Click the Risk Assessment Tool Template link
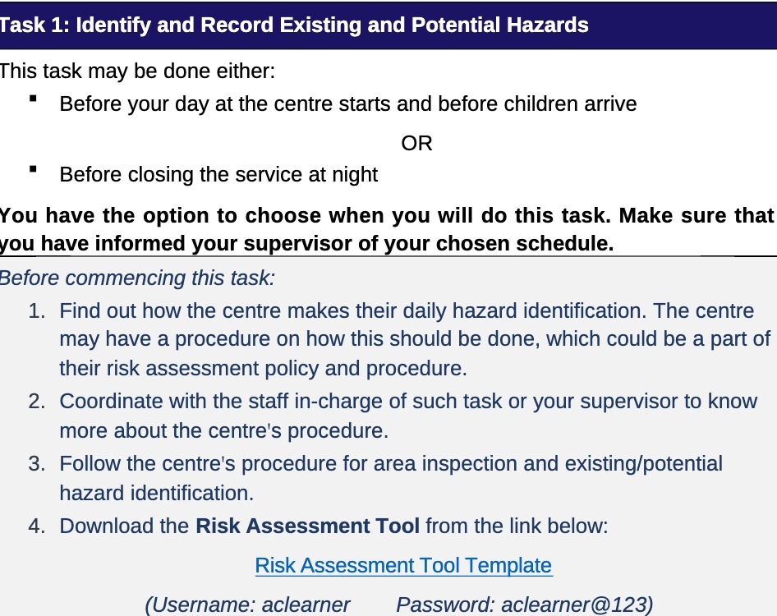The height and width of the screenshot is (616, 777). (x=403, y=565)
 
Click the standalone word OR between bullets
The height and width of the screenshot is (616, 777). (x=416, y=143)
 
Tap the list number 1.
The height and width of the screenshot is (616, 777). (x=35, y=310)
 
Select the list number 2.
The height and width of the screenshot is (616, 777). (x=35, y=401)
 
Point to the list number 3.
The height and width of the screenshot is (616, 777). (x=35, y=464)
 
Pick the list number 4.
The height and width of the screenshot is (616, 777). (x=35, y=526)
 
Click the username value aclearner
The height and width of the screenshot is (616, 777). (x=306, y=605)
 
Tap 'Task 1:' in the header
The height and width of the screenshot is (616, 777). (x=34, y=25)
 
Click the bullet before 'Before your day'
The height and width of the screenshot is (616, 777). (x=33, y=99)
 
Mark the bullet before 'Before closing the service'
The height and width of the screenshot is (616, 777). (x=33, y=170)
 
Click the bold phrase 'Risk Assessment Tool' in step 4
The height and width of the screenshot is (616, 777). (x=307, y=526)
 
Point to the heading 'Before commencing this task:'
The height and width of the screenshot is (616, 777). (x=136, y=278)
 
